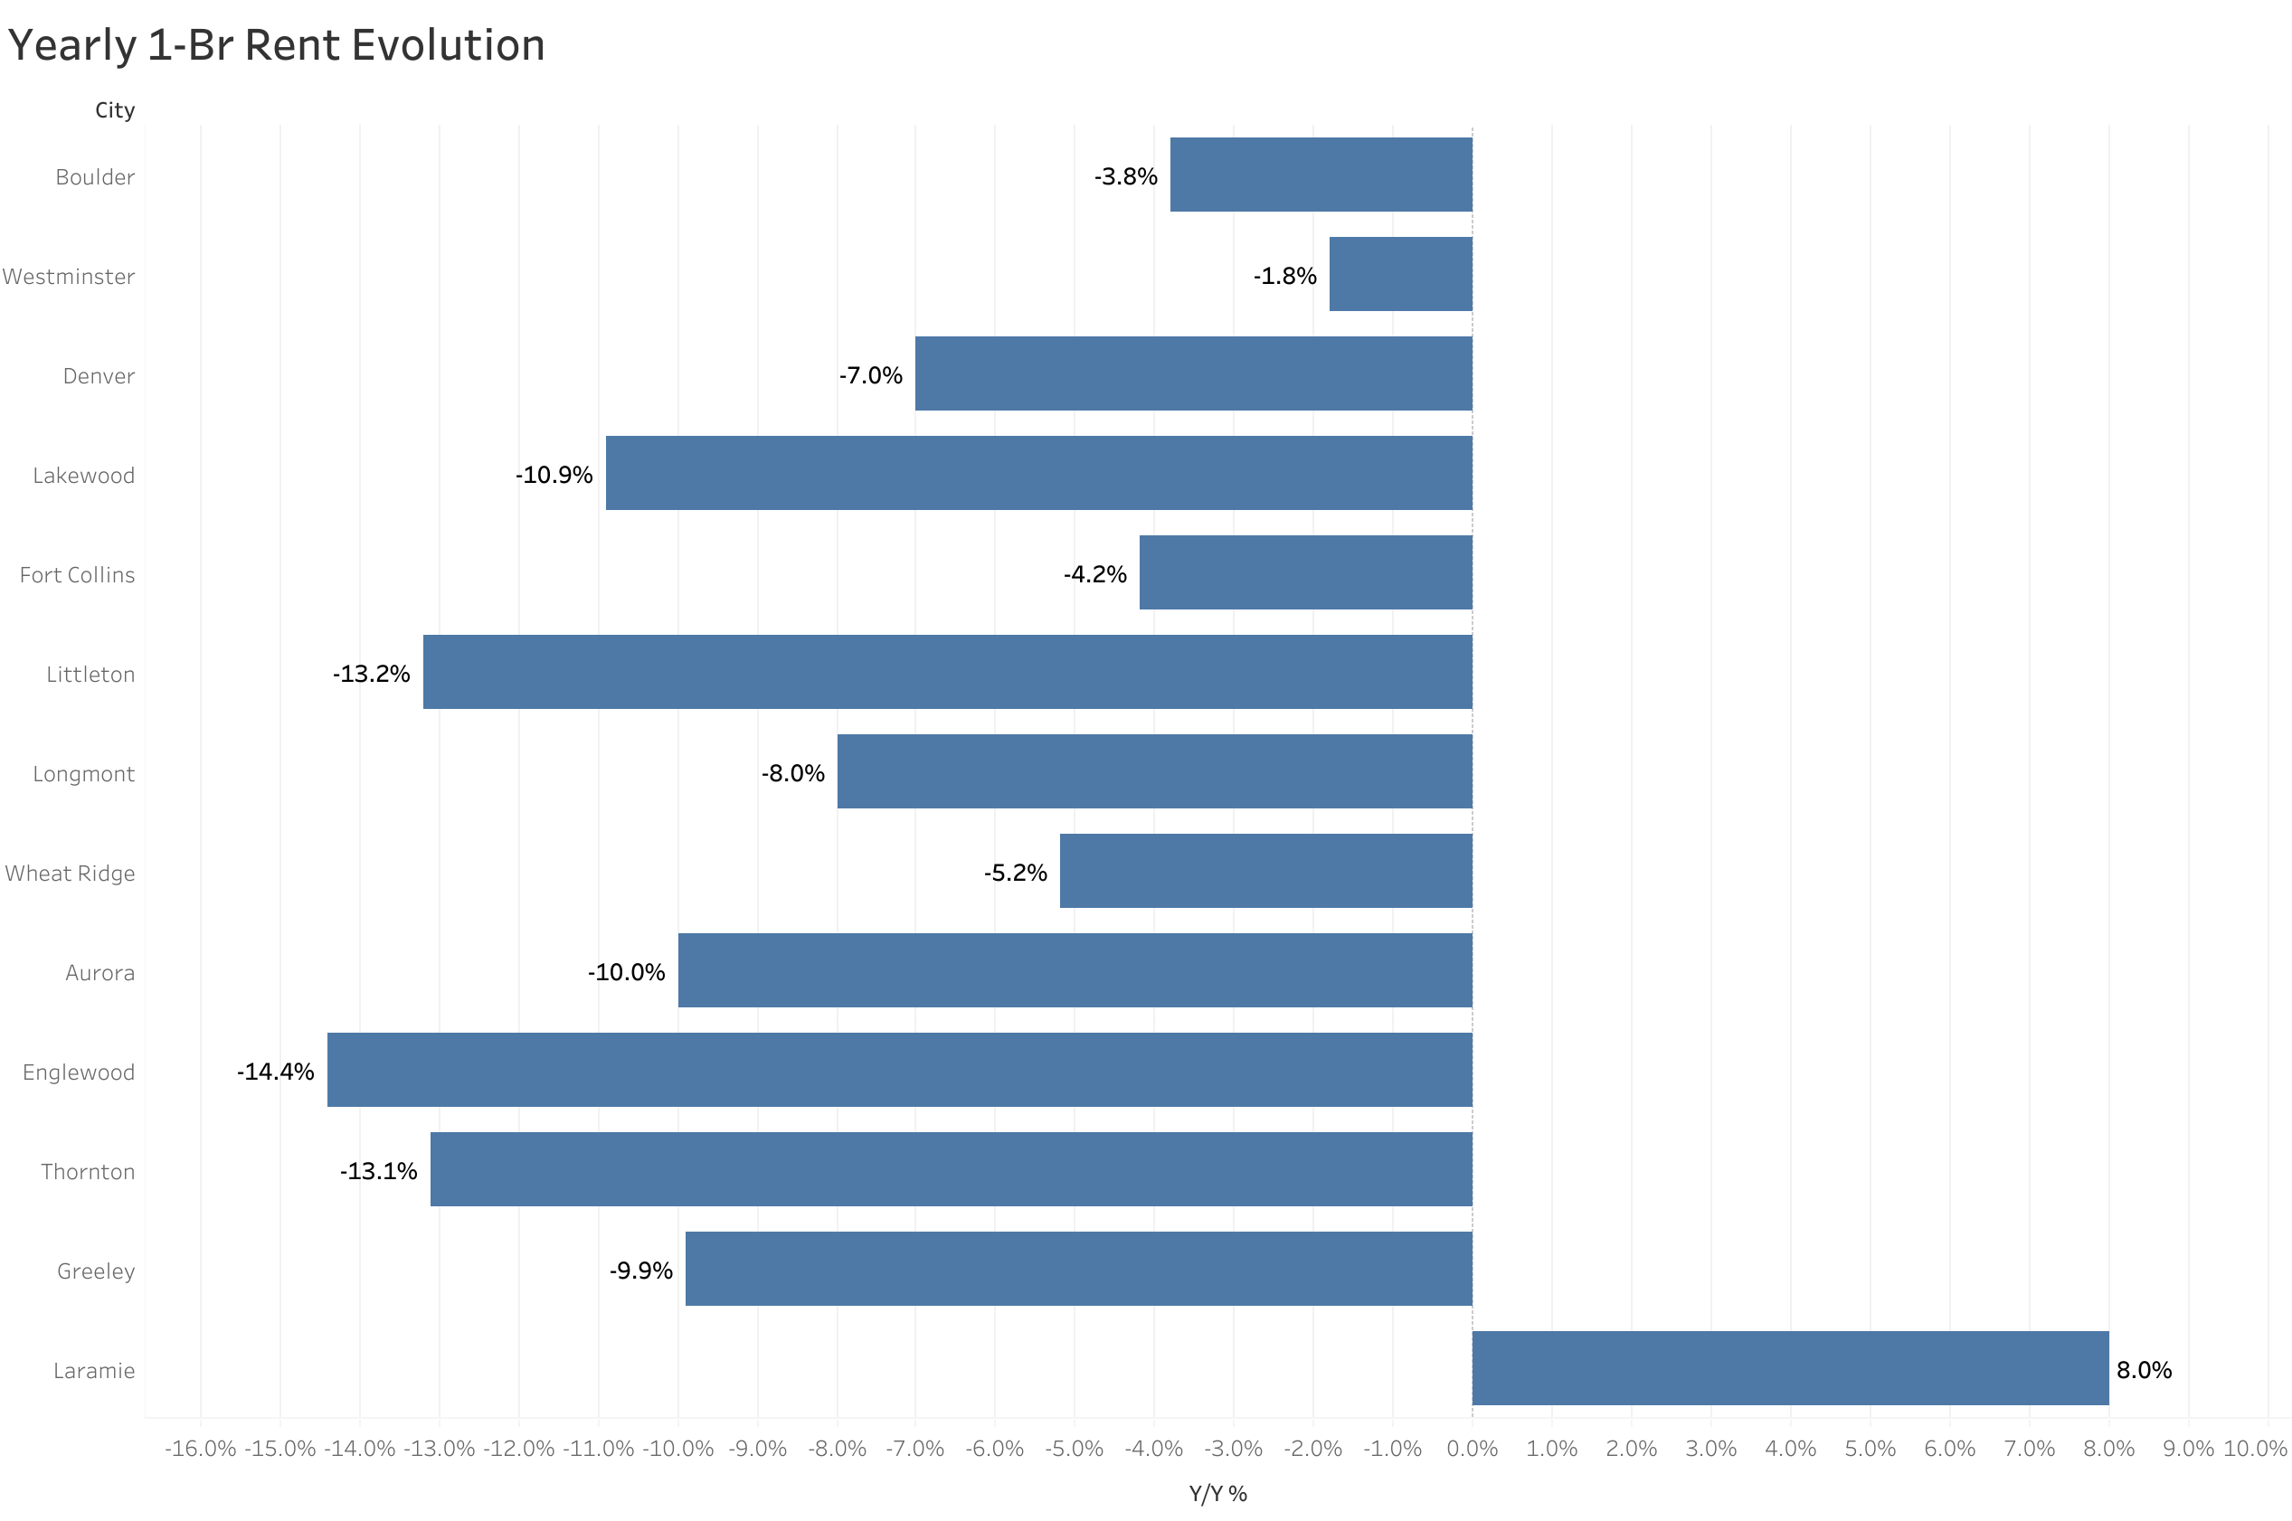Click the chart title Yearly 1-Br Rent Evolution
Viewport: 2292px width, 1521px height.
(277, 45)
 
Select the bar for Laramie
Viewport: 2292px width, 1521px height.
(1790, 1368)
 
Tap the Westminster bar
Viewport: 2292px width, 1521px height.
(1399, 274)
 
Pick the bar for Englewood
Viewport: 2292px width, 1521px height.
(899, 1069)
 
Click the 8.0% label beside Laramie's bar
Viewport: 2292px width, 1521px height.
(2144, 1370)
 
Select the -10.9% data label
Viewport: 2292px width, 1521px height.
(554, 475)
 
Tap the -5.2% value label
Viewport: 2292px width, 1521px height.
(1015, 872)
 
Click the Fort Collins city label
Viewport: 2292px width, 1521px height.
(78, 574)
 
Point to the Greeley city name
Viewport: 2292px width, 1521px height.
(96, 1271)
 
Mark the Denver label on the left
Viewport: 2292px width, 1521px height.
(99, 375)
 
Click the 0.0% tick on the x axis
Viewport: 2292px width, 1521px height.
(1472, 1449)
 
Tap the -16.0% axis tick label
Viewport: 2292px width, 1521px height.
(201, 1449)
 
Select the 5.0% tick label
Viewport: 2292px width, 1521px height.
(1869, 1449)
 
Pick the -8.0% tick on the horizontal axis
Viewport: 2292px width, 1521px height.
(837, 1449)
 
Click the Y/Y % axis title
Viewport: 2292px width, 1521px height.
(1217, 1493)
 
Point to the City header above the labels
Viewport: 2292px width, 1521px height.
(115, 109)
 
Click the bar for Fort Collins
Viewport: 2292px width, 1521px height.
(1304, 572)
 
